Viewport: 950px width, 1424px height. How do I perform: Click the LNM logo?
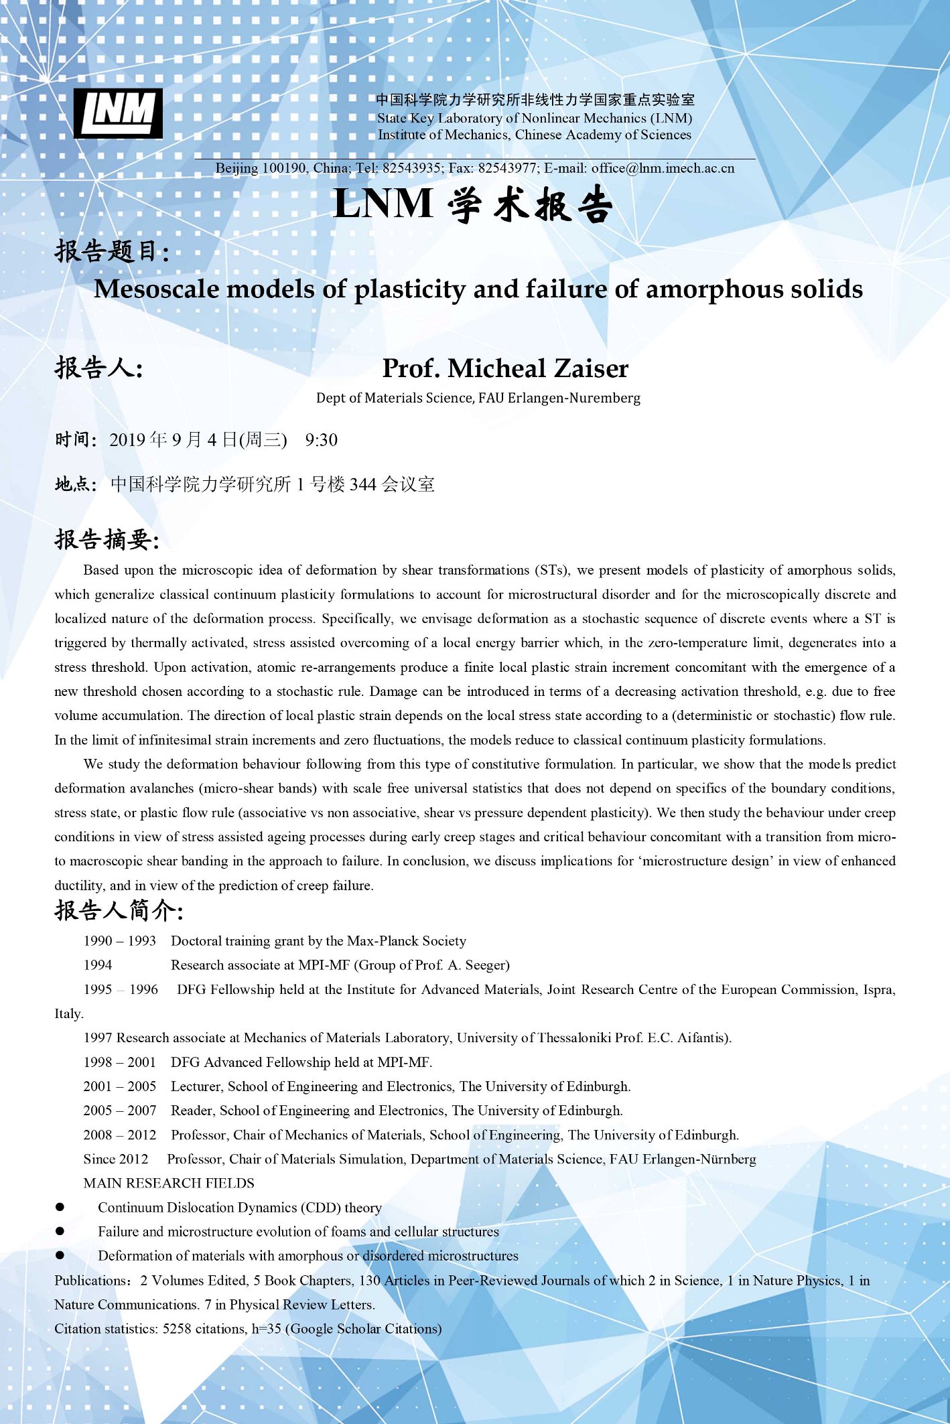point(118,113)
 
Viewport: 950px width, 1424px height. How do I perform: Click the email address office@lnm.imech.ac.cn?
point(663,168)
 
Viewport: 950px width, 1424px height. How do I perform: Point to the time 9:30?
point(321,440)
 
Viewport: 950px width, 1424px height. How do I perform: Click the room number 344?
point(362,484)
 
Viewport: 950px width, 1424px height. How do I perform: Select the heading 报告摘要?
point(105,539)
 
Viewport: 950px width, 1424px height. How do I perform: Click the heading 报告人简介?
point(117,911)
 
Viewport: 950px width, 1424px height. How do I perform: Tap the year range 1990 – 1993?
point(119,941)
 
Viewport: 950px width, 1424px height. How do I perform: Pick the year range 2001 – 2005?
point(119,1086)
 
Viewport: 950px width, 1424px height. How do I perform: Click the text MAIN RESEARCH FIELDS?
point(169,1184)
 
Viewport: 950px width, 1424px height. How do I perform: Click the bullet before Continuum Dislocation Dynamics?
point(60,1207)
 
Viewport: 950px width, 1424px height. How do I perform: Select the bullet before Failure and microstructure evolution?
point(60,1231)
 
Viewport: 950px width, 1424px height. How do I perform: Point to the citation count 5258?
point(177,1329)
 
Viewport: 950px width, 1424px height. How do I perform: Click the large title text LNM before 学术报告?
point(383,204)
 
